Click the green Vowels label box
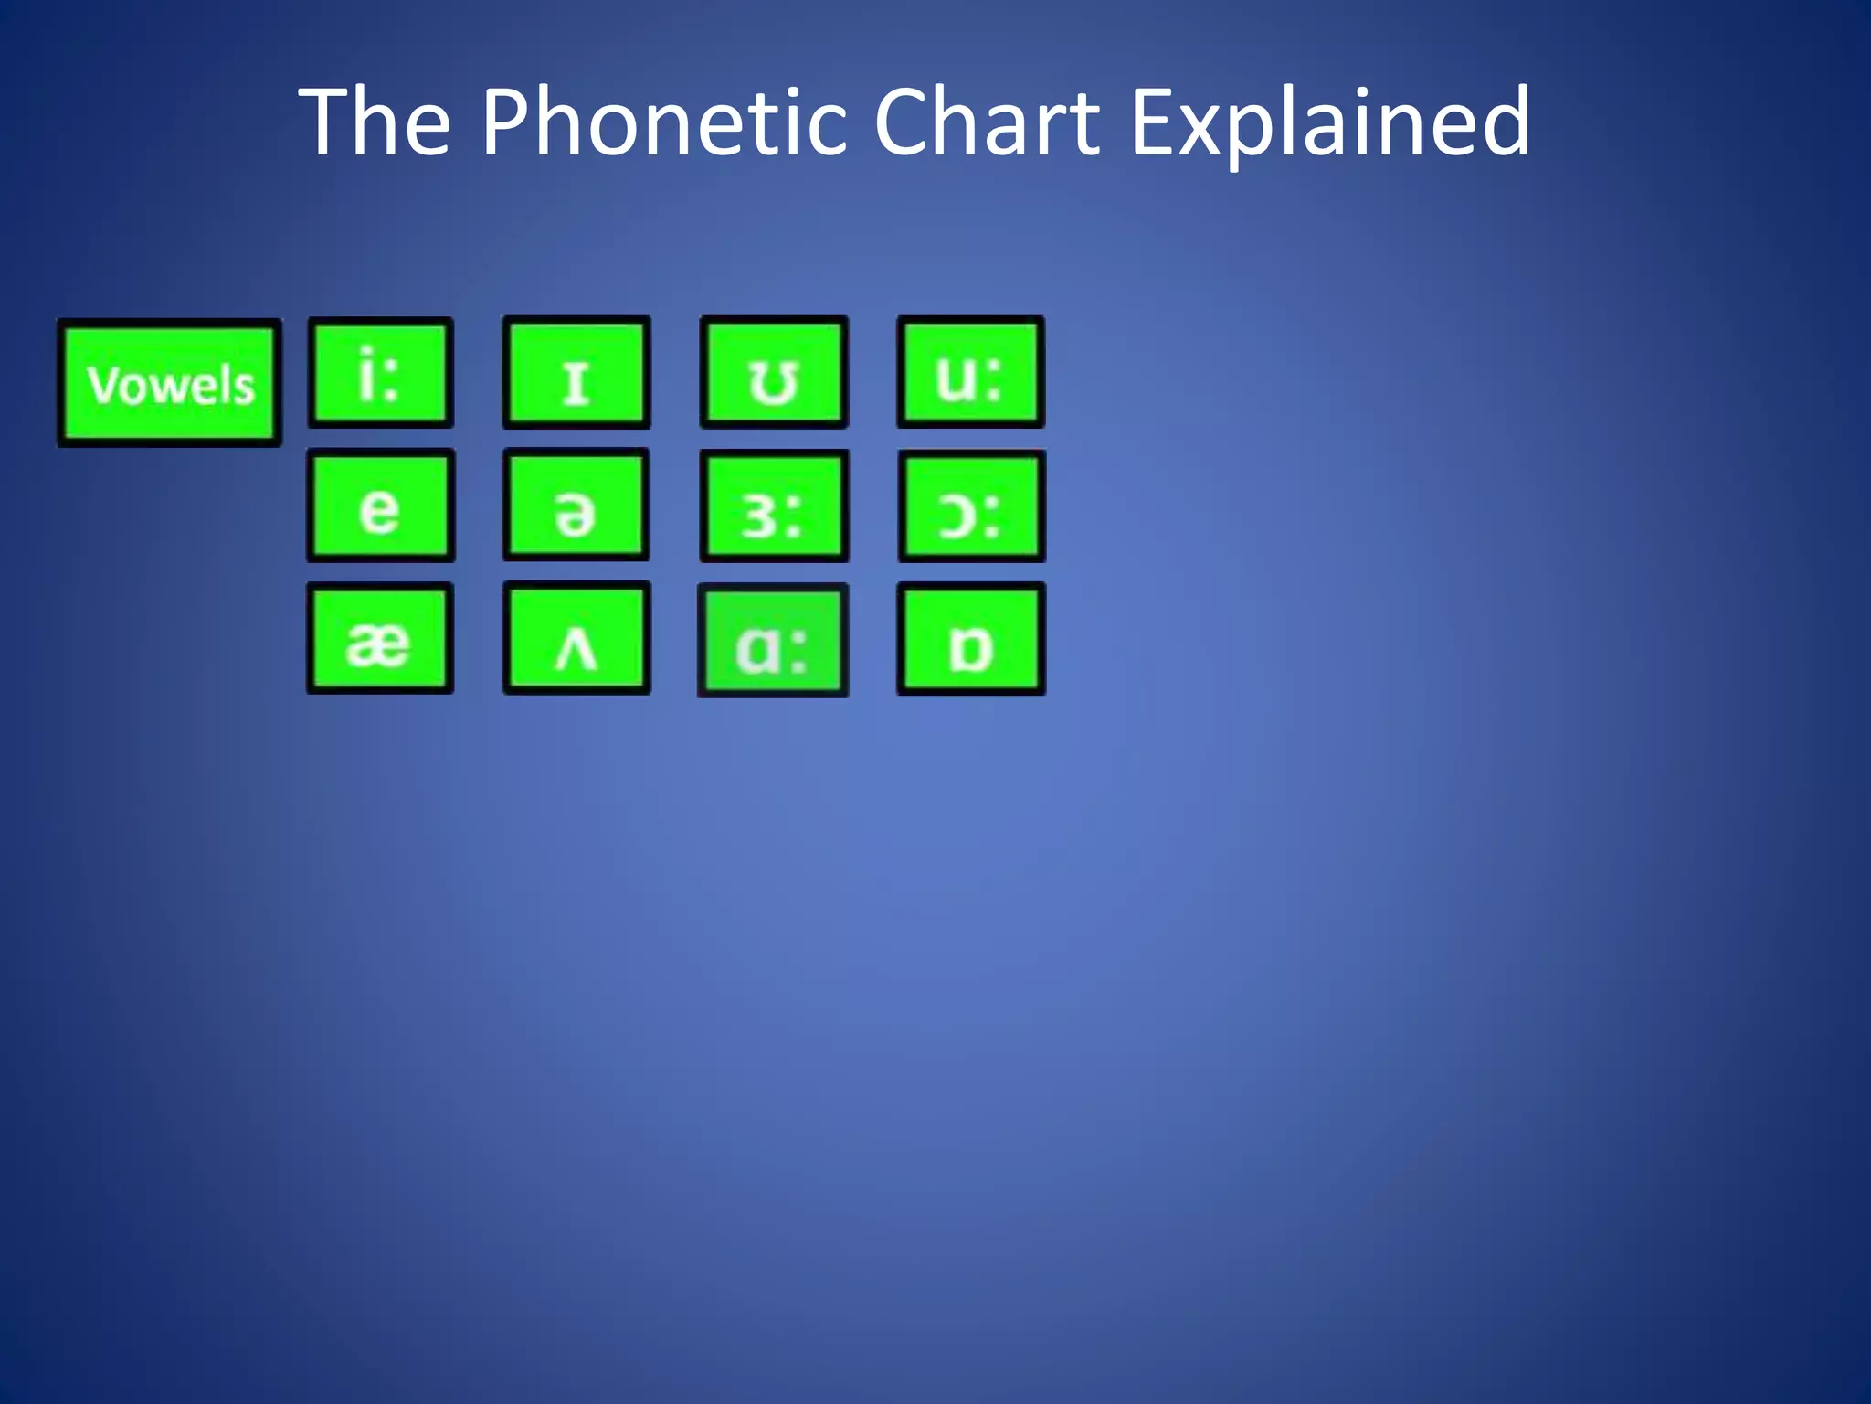170,383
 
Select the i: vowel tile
380,373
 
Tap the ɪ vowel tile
576,373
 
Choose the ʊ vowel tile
774,373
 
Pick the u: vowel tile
970,373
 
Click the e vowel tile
380,505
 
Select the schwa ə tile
576,505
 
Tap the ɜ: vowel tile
774,506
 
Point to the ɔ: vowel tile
971,506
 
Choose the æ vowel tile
380,638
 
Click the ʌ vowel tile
576,638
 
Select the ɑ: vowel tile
773,641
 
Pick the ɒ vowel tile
971,639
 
